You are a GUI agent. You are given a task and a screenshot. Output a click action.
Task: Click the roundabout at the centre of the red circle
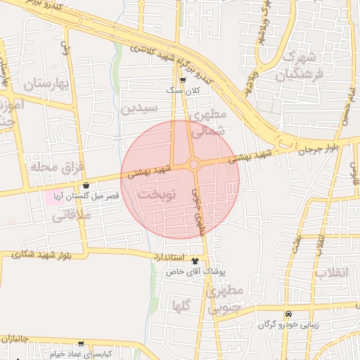click(x=194, y=165)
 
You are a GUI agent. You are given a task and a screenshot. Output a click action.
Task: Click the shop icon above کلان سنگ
click(x=183, y=80)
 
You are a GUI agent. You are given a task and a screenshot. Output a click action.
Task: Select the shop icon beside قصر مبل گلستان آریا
click(x=86, y=185)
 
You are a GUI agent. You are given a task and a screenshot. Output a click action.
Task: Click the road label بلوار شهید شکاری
click(x=41, y=254)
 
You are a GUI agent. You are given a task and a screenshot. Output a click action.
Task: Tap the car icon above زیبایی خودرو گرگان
click(x=288, y=314)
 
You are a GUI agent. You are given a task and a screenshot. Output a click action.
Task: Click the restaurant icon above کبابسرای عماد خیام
click(x=81, y=345)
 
